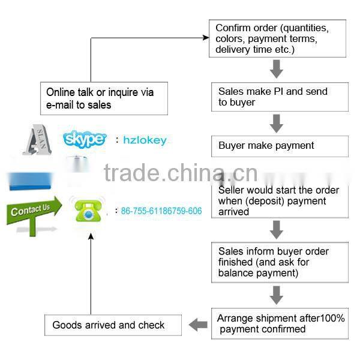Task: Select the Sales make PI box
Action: (x=279, y=97)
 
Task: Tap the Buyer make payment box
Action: (x=279, y=146)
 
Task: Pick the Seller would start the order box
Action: (x=279, y=200)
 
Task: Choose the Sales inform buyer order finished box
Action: (x=279, y=262)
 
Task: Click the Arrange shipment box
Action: (x=279, y=323)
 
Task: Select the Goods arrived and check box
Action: (x=112, y=325)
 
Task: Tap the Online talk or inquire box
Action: (x=103, y=98)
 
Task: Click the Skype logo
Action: (x=85, y=139)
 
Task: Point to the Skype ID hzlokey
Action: (x=145, y=140)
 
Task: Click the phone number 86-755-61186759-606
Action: (x=161, y=211)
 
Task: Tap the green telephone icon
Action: (x=88, y=211)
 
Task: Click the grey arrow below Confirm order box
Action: (x=276, y=69)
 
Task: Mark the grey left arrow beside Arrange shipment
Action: (x=198, y=325)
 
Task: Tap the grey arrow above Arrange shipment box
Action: (x=276, y=295)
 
